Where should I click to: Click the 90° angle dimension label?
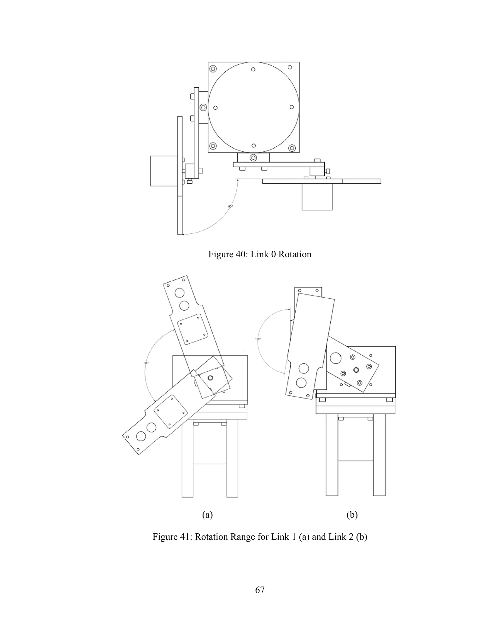(x=230, y=206)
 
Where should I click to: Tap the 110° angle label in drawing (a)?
(x=146, y=363)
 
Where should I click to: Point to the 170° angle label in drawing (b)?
(x=258, y=339)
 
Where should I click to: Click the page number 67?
(x=260, y=590)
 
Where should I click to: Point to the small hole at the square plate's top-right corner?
(x=290, y=67)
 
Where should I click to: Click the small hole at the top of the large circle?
(x=253, y=69)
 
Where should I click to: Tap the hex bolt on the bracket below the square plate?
(x=253, y=158)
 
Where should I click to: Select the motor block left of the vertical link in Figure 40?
(x=164, y=171)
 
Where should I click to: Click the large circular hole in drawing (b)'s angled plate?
(x=336, y=358)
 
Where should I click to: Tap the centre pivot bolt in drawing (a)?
(x=210, y=378)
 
